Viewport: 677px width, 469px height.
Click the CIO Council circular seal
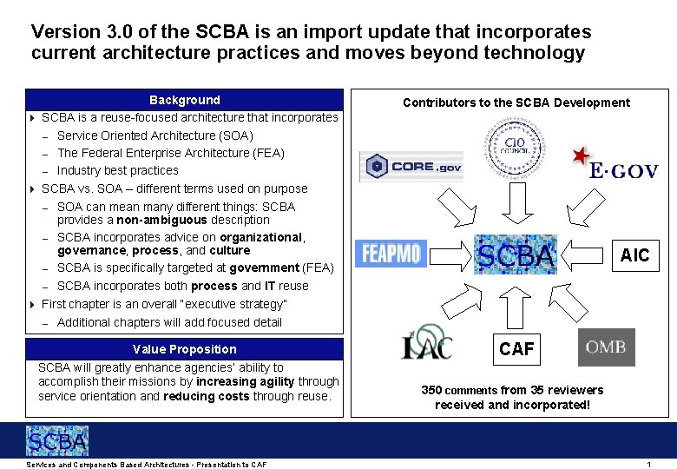pyautogui.click(x=516, y=148)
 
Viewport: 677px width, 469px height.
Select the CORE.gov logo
pyautogui.click(x=412, y=167)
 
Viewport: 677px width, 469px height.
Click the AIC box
pyautogui.click(x=634, y=254)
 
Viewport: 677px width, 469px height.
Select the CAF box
pyautogui.click(x=517, y=349)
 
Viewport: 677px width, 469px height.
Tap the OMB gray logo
pyautogui.click(x=606, y=347)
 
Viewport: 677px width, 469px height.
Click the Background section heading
pyautogui.click(x=185, y=100)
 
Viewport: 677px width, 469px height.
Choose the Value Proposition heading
pyautogui.click(x=185, y=349)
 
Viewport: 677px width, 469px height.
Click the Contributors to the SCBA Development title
pyautogui.click(x=516, y=102)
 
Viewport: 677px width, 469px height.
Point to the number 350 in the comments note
pyautogui.click(x=431, y=390)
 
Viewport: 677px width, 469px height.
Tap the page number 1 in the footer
pyautogui.click(x=648, y=465)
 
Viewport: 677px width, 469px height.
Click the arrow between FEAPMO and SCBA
pyautogui.click(x=450, y=254)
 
